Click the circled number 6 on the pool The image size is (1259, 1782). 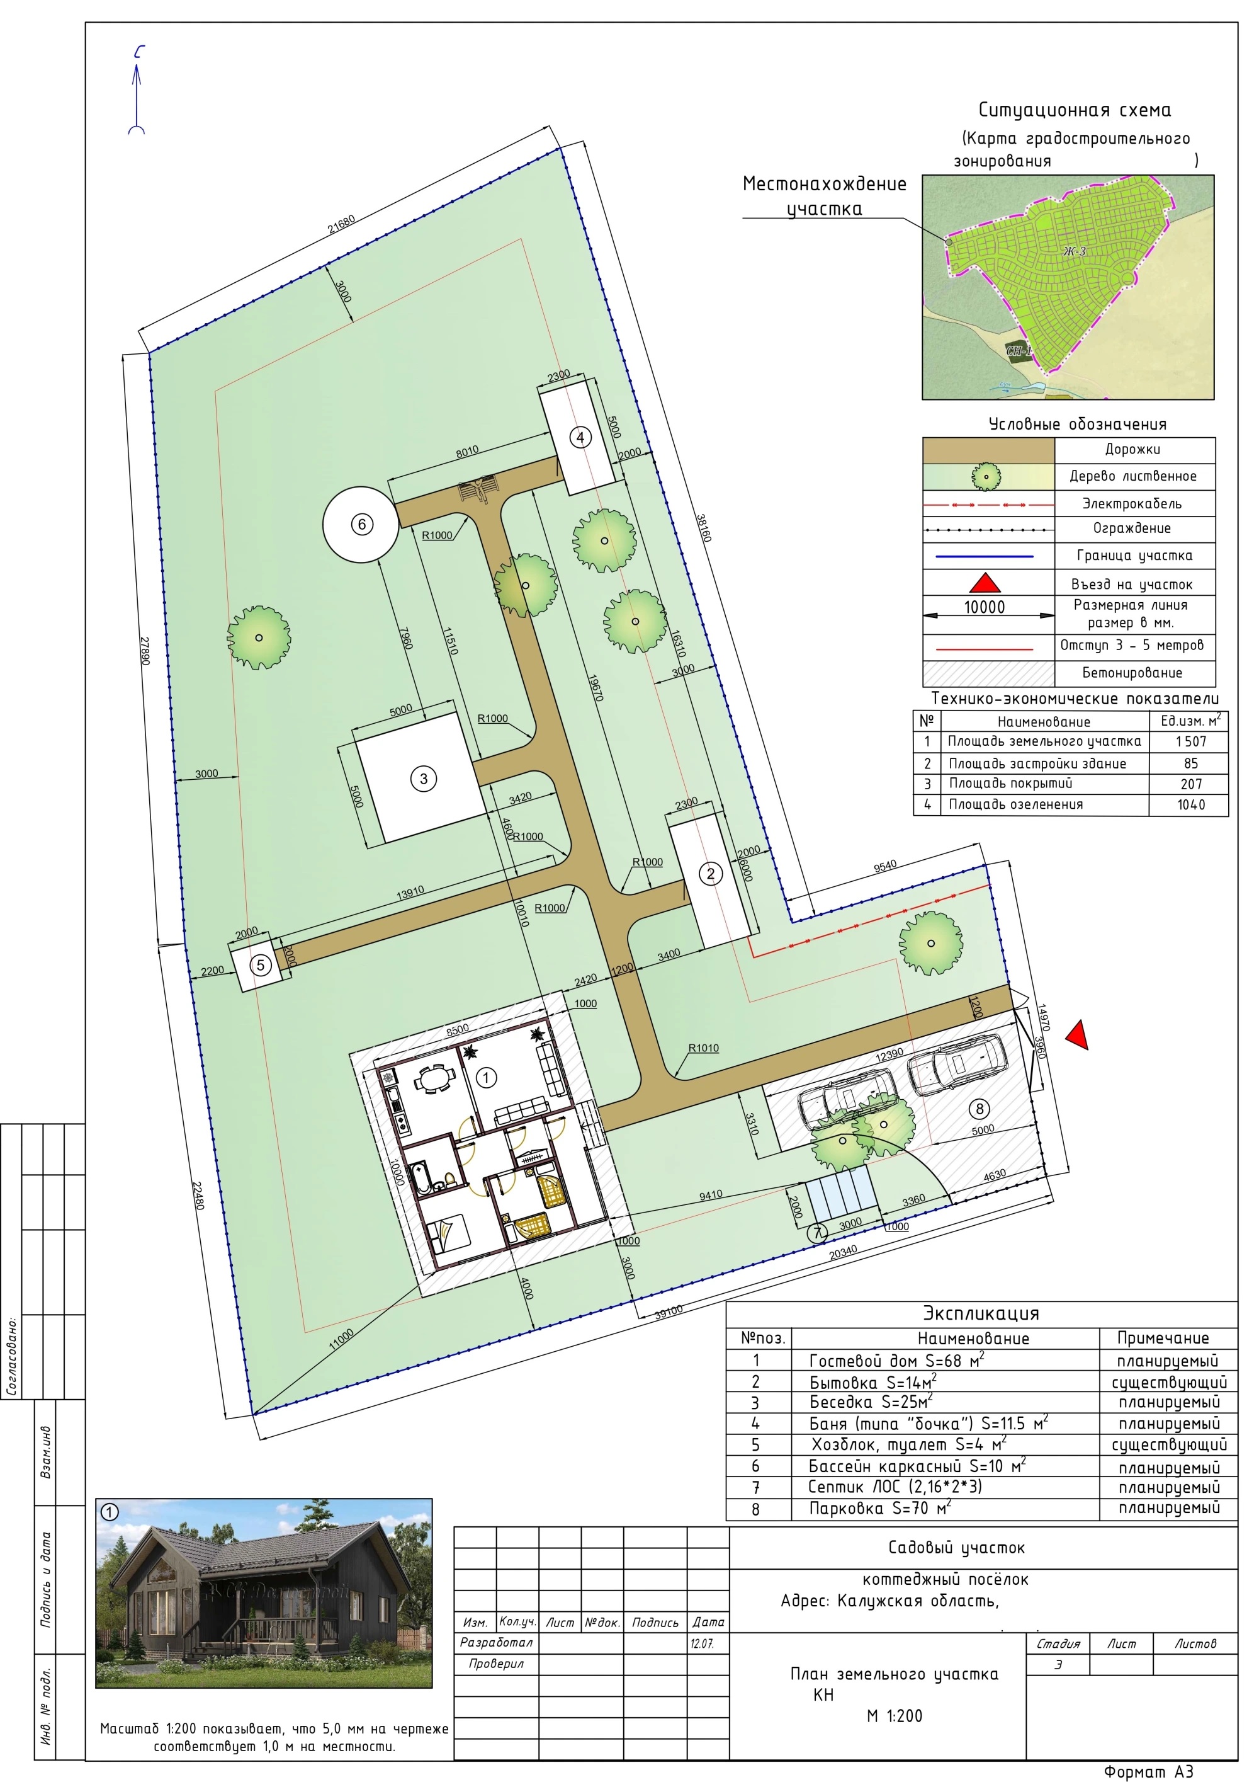point(361,524)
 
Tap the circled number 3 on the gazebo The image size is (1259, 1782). point(424,778)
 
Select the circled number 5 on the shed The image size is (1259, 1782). point(261,965)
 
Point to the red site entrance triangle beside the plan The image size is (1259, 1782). point(1076,1036)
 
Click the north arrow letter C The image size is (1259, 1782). point(140,53)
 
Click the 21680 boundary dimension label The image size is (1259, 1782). point(341,224)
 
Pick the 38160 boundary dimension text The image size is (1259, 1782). point(703,528)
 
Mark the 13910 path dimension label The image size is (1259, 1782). point(410,893)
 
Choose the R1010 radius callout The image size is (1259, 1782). point(704,1048)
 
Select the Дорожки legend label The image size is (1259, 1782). point(1132,449)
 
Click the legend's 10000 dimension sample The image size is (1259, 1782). point(985,607)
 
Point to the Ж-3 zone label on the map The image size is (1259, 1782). point(1075,251)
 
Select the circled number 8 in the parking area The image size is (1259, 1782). point(979,1109)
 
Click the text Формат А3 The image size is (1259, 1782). point(1148,1771)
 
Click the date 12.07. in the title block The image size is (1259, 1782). point(702,1643)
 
